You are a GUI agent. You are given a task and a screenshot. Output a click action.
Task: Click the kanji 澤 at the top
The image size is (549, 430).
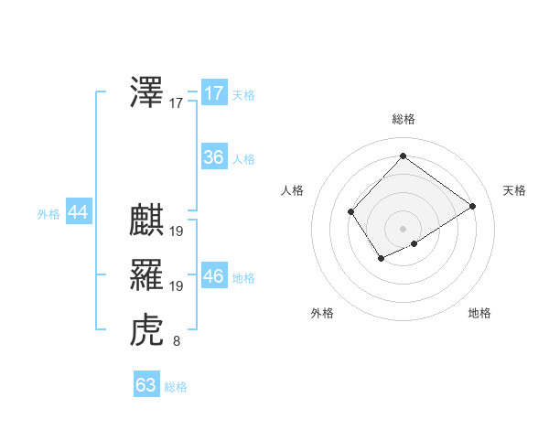tap(147, 93)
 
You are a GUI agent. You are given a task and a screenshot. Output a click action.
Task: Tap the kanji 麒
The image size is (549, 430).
tap(147, 220)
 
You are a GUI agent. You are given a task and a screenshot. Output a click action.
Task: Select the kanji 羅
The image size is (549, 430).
tap(147, 275)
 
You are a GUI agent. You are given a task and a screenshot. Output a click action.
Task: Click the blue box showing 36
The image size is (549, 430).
tap(213, 157)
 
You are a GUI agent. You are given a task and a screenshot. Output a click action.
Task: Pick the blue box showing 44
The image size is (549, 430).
tap(78, 212)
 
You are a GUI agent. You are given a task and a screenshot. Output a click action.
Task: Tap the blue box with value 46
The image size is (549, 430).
tap(213, 275)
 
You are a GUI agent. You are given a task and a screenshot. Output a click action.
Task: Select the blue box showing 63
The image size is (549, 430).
tap(146, 385)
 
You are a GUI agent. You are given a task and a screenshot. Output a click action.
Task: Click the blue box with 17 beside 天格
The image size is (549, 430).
tap(213, 93)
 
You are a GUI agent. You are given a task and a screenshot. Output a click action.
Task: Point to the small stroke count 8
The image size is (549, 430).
tap(176, 342)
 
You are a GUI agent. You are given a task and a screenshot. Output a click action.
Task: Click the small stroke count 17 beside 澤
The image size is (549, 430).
tap(176, 104)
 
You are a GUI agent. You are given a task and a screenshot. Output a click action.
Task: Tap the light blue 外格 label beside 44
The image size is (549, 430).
tap(48, 214)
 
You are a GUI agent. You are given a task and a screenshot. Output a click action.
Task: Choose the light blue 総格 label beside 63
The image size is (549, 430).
tap(176, 387)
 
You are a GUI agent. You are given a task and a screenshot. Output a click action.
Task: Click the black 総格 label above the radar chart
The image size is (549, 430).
tap(403, 119)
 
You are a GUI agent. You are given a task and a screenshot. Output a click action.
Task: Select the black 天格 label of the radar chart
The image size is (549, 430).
tap(514, 190)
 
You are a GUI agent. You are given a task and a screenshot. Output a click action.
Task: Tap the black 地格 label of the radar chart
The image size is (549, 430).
tap(479, 313)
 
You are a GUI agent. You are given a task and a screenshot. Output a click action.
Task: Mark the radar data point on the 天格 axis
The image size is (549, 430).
tap(472, 206)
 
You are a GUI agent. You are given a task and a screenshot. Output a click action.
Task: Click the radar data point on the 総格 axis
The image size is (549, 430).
tap(403, 156)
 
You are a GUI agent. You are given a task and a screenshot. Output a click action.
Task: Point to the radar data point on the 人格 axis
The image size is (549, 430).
tap(351, 212)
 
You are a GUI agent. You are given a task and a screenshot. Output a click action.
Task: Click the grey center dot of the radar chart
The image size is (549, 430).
tap(403, 228)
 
